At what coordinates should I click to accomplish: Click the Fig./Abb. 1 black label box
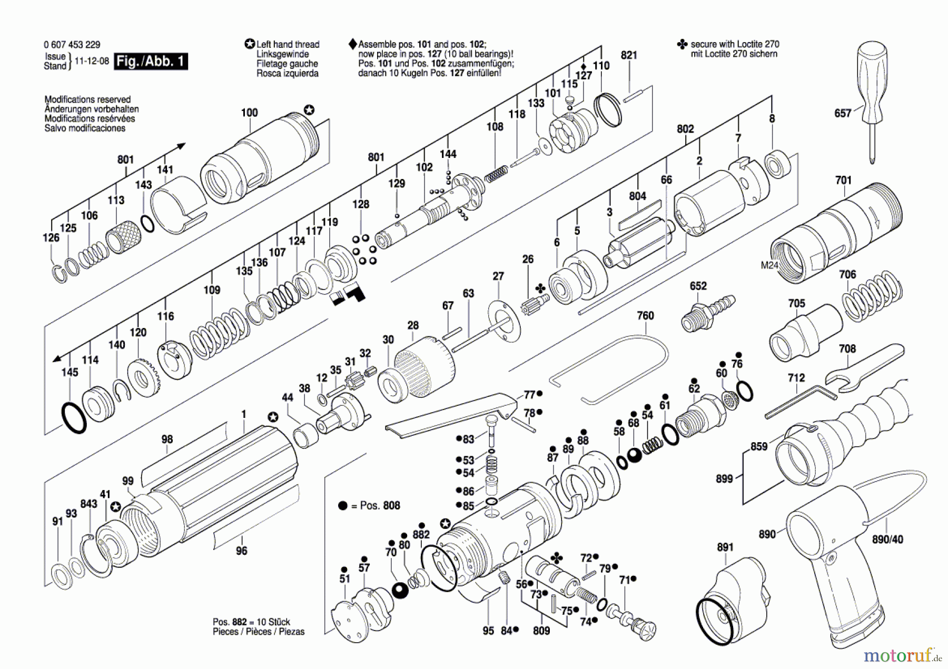point(151,61)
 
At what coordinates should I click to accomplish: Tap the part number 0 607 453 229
point(72,45)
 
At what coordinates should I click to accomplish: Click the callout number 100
point(249,113)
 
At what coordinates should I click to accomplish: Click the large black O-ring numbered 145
point(74,418)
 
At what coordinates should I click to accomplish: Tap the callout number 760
point(645,316)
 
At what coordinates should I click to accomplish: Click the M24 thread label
point(769,265)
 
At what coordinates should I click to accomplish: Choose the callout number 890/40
point(887,540)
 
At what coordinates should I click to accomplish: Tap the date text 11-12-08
point(92,61)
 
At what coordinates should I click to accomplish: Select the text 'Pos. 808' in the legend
point(380,506)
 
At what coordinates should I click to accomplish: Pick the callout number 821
point(629,55)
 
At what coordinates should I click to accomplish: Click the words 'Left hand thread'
point(288,45)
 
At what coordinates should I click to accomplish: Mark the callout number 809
point(541,631)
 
